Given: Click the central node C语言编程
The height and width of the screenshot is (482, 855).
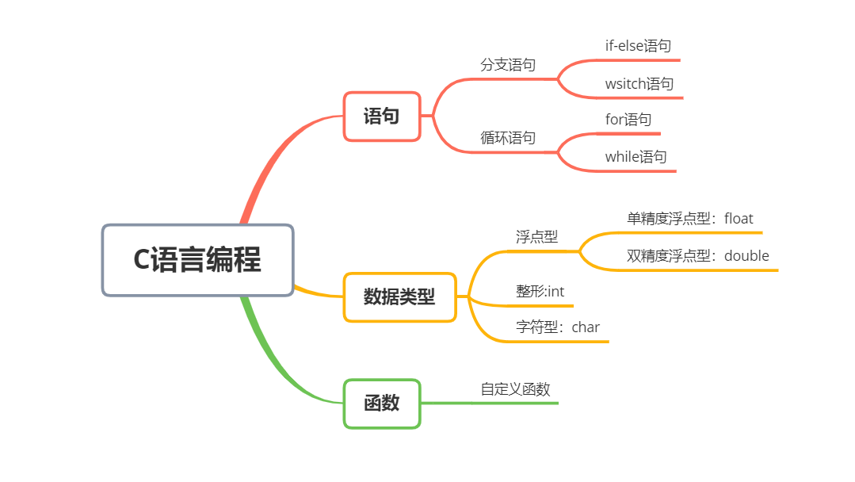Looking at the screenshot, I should [x=197, y=260].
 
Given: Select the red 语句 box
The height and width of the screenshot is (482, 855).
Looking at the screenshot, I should [x=381, y=117].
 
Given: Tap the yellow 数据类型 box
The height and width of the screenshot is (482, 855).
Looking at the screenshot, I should [x=399, y=296].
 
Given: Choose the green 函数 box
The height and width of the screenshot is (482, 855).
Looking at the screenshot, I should [x=381, y=404].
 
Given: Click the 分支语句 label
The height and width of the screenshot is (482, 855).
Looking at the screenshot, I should [x=508, y=65].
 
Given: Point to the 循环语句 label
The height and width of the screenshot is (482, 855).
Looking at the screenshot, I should [x=508, y=138].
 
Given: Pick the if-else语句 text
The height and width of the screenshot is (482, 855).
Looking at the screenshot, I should [x=638, y=46].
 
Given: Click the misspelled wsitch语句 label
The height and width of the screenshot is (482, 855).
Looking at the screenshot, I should [x=639, y=84].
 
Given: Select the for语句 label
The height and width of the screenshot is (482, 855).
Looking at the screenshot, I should [x=628, y=120].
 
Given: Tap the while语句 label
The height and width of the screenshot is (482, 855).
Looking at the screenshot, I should [x=636, y=157].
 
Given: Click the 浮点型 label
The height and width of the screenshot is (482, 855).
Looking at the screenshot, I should [x=536, y=237].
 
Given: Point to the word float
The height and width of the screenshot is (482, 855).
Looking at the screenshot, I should [x=739, y=219].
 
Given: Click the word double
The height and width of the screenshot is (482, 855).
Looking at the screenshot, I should [x=746, y=256].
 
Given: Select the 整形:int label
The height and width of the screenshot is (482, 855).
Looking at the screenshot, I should [x=540, y=292].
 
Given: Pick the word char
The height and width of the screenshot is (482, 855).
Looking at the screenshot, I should [x=586, y=327].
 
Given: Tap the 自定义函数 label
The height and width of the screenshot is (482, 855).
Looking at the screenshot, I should [x=515, y=389].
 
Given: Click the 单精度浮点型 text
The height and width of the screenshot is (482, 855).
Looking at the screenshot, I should [x=669, y=219].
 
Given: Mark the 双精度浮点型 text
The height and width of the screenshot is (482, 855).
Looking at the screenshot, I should [x=669, y=256].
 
